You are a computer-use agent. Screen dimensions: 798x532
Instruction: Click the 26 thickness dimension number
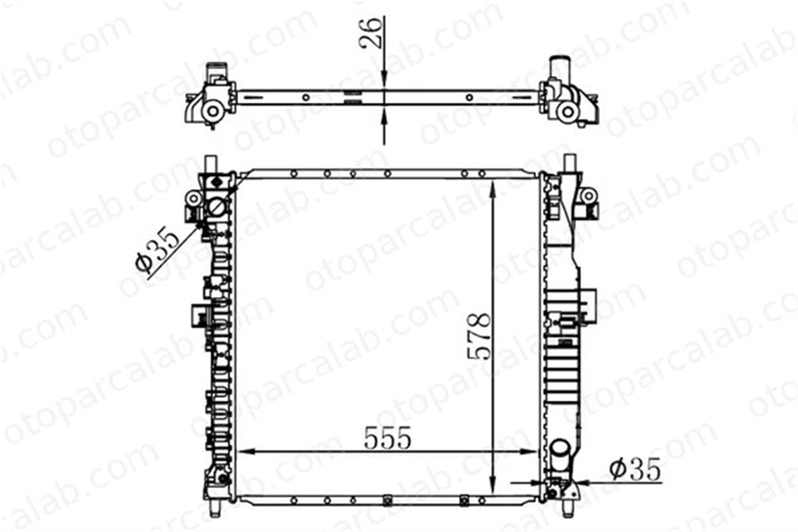[371, 32]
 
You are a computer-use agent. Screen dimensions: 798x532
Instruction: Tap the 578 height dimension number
[479, 336]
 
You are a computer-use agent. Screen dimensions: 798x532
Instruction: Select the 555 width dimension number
[387, 439]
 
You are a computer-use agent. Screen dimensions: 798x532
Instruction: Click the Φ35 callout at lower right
[635, 469]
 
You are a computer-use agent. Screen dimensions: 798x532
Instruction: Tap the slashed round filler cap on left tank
[217, 206]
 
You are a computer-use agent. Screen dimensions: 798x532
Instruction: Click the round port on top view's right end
[566, 112]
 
